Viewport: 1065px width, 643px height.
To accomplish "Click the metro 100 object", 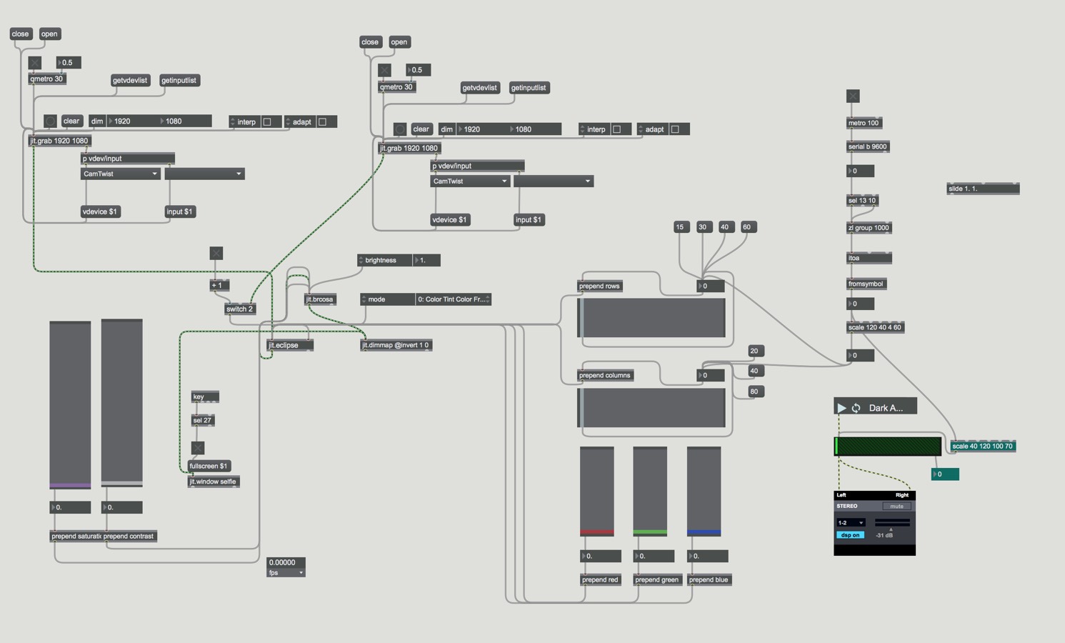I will (864, 123).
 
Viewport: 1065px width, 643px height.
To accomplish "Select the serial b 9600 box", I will (867, 146).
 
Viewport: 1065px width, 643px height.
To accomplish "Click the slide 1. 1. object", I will (982, 189).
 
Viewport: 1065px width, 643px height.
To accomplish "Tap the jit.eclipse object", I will (289, 345).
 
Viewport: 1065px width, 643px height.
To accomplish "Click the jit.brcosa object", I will (319, 299).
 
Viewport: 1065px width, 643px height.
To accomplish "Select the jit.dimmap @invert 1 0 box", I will (396, 345).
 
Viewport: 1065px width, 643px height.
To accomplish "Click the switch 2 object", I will (239, 309).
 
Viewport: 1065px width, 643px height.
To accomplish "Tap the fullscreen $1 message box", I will (209, 466).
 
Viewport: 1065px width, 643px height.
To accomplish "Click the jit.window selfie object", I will (213, 482).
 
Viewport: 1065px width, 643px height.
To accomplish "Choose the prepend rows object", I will (599, 286).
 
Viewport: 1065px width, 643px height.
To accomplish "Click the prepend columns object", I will (604, 375).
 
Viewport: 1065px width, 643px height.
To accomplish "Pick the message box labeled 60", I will (746, 227).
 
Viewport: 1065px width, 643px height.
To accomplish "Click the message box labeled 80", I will (754, 392).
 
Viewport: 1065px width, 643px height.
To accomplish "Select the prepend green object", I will (656, 579).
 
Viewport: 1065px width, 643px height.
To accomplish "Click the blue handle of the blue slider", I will (704, 532).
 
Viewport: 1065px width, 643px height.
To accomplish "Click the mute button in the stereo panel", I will (896, 507).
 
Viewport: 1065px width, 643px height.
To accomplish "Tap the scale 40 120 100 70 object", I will (982, 447).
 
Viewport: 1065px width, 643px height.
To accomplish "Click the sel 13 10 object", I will (862, 200).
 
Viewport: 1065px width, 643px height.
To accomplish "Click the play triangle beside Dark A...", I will (841, 408).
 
